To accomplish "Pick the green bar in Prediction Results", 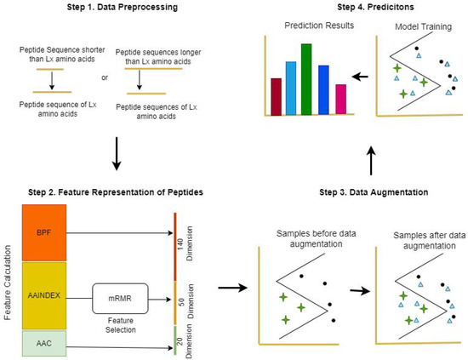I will [306, 79].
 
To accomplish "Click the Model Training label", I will [421, 26].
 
